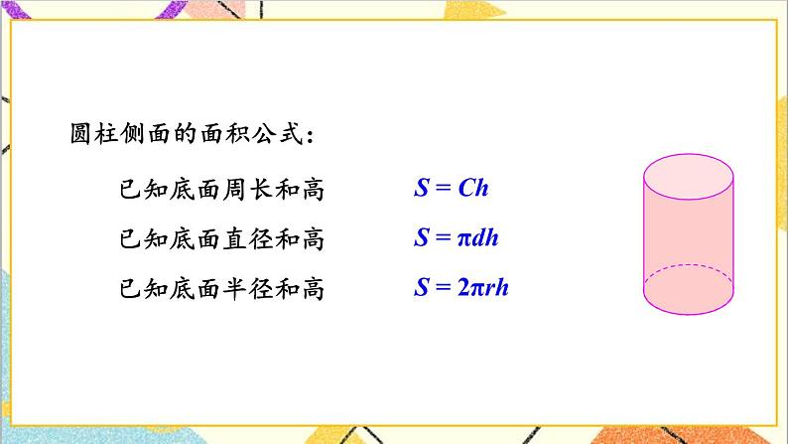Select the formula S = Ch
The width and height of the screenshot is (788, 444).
452,188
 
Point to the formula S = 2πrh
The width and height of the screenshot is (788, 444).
461,289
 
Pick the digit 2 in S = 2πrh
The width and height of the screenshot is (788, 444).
462,289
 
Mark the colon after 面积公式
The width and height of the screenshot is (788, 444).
313,136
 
